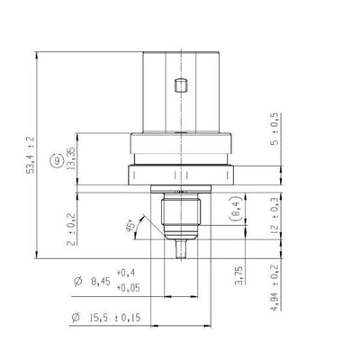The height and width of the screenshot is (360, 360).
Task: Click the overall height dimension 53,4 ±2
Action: (31, 155)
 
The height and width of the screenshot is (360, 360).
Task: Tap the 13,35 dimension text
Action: (71, 159)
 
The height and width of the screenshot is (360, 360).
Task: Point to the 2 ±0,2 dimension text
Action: (71, 229)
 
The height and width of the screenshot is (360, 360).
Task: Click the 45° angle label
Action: (130, 227)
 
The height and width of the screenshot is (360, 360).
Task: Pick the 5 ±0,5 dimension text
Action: (274, 130)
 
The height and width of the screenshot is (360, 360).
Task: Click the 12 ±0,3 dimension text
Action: (274, 216)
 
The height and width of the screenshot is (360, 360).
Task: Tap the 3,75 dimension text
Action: (239, 275)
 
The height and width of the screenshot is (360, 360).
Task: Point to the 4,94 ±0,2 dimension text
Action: (274, 287)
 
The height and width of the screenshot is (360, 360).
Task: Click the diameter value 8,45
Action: (101, 282)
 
